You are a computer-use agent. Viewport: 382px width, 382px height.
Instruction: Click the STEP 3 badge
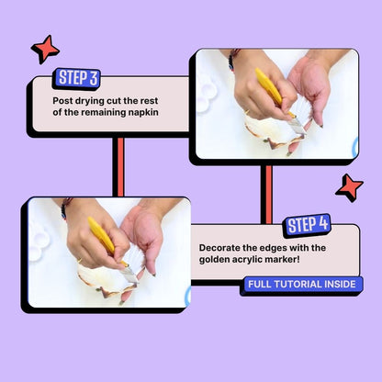[x=78, y=78]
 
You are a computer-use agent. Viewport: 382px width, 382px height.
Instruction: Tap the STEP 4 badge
[x=308, y=225]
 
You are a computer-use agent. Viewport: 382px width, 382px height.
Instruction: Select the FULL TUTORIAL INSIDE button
[x=301, y=285]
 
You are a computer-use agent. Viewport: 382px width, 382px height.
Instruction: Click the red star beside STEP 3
[x=45, y=49]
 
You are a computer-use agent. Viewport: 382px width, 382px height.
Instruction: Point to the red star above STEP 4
[x=349, y=187]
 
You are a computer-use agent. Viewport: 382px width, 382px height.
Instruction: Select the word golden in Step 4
[x=213, y=260]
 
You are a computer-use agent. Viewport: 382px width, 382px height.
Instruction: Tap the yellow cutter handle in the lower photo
[x=102, y=235]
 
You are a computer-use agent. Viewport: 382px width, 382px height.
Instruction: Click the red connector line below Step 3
[x=120, y=166]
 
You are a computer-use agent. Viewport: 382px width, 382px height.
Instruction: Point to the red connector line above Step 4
[x=269, y=195]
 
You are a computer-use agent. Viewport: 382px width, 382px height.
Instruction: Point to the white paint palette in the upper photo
[x=207, y=94]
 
